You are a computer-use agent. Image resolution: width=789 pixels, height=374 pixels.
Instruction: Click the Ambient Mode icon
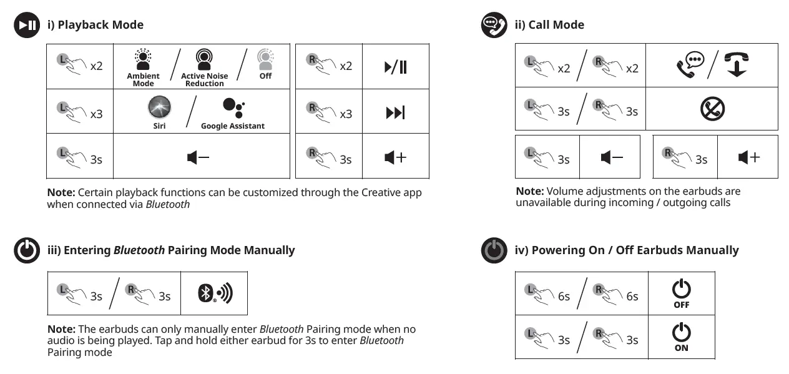tap(143, 60)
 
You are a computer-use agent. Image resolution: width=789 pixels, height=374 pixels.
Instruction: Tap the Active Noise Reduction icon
tap(204, 60)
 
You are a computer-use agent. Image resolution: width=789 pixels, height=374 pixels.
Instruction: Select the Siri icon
tap(159, 107)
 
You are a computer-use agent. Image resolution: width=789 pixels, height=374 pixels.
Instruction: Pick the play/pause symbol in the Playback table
tap(396, 66)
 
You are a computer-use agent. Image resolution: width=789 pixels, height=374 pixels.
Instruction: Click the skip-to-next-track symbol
tap(395, 113)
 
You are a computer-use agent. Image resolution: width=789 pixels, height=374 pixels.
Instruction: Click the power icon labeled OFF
tap(681, 289)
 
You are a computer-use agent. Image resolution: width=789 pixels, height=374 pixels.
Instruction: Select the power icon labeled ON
tap(681, 333)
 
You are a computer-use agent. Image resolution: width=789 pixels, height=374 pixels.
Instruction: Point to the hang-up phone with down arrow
tap(737, 64)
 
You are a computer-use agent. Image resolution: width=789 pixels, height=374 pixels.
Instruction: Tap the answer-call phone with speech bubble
tap(690, 64)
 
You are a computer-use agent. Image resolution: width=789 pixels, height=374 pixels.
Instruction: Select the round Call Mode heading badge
tap(494, 25)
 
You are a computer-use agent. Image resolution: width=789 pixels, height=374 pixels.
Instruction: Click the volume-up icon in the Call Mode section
tap(748, 157)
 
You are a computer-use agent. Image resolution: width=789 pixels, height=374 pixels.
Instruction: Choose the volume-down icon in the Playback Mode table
tap(198, 158)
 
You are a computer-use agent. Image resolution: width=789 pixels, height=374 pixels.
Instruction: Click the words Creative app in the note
tap(391, 192)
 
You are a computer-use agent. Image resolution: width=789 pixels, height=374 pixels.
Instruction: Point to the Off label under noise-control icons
tap(265, 76)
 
